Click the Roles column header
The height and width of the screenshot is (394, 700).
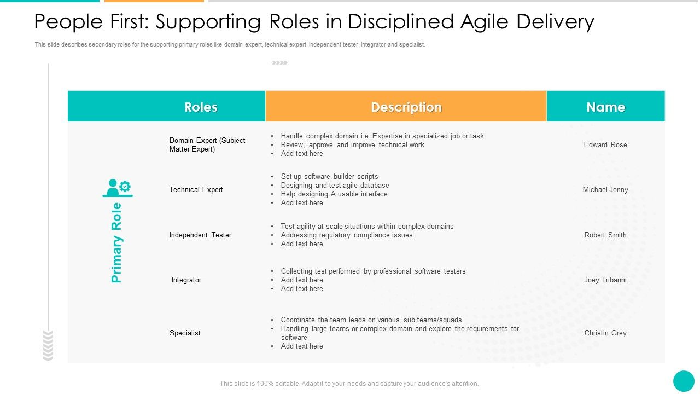coord(201,107)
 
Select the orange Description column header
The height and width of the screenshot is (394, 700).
coord(406,107)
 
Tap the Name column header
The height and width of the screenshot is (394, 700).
coord(605,107)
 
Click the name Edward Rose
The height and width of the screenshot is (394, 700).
coord(605,145)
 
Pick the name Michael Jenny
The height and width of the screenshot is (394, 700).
coord(605,190)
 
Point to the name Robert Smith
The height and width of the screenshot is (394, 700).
coord(605,235)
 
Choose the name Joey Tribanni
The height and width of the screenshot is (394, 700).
coord(605,280)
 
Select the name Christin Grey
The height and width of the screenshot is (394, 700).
coord(605,333)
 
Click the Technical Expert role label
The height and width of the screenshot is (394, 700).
coord(196,190)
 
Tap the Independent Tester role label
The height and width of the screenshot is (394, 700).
coord(200,235)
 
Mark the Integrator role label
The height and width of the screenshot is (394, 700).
coord(186,280)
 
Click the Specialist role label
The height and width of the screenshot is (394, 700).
coord(185,333)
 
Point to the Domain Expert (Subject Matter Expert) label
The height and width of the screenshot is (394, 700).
coord(207,145)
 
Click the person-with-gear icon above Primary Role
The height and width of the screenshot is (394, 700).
coord(117,188)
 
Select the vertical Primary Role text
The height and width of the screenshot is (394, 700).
coord(116,243)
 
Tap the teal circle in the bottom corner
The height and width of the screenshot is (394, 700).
coord(684,381)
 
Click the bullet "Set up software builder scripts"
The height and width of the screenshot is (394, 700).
coord(329,177)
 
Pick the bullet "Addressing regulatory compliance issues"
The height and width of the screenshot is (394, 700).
coord(347,235)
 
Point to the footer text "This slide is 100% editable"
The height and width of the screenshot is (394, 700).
coord(349,384)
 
